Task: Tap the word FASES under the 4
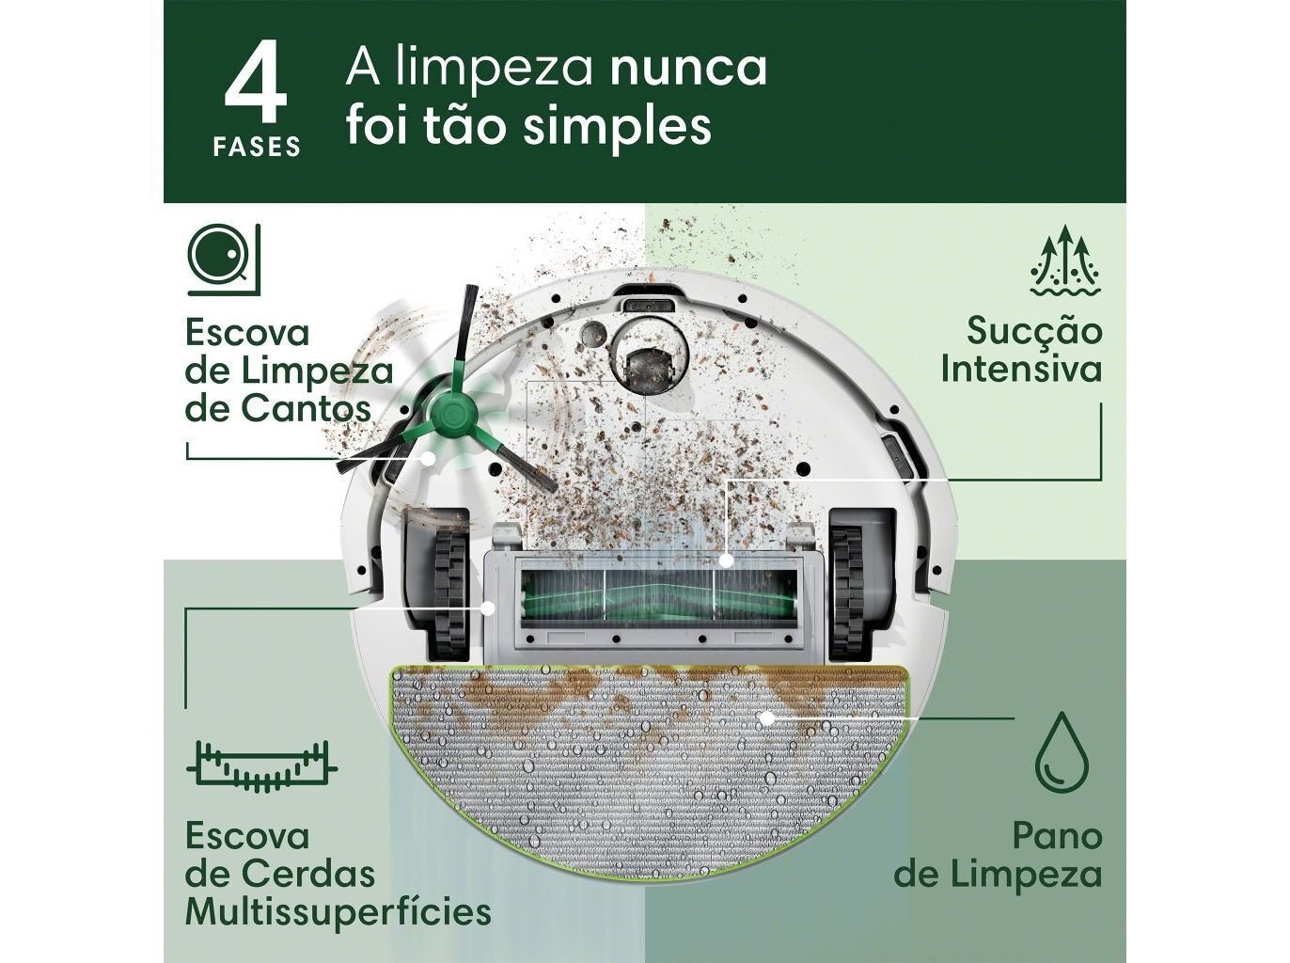pos(256,148)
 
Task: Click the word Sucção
pos(1034,331)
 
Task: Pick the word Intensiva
pos(1020,369)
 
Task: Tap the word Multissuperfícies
pos(338,911)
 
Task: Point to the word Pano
pos(1056,835)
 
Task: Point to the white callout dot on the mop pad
pos(766,718)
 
